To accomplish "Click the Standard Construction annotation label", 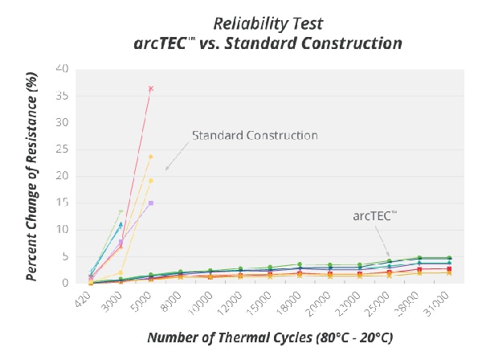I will (x=255, y=135).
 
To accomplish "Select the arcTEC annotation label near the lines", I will (x=377, y=215).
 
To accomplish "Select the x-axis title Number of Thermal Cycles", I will (x=270, y=337).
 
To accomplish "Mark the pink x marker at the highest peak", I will (x=150, y=88).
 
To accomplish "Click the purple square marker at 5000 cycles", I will (x=150, y=203).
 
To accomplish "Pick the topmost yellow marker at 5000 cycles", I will (x=150, y=157).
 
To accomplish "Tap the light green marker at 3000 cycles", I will (x=120, y=212).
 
